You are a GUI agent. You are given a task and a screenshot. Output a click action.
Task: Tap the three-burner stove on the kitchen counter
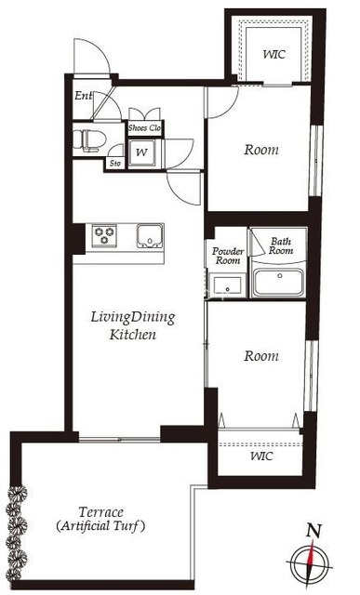103,235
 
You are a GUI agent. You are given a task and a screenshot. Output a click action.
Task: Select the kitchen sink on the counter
150,236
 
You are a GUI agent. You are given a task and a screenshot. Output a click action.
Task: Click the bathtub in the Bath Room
278,283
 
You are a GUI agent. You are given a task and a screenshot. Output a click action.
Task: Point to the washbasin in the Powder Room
227,285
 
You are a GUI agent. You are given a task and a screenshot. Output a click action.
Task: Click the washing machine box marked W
141,152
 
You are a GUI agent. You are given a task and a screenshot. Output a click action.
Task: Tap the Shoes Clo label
144,128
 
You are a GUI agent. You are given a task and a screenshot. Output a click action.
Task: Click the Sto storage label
115,164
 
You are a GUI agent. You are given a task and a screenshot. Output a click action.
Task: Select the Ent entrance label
84,96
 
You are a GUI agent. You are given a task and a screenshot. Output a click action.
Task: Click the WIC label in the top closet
274,54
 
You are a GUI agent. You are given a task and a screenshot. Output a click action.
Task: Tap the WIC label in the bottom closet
261,456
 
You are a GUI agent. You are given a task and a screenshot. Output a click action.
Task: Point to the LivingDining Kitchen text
133,325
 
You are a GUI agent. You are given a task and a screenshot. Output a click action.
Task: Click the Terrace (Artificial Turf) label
100,520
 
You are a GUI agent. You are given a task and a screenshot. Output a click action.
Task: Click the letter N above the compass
314,531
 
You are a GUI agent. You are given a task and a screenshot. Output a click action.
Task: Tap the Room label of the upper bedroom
261,150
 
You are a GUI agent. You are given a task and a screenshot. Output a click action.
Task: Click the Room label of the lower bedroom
261,356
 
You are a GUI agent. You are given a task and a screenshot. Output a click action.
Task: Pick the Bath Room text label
281,245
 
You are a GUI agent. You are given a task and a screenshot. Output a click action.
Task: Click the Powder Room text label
228,256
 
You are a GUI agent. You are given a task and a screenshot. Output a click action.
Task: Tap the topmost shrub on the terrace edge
18,493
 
